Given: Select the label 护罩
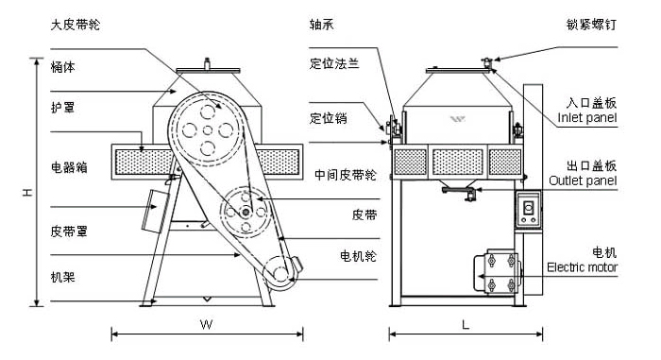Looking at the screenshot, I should (62, 108).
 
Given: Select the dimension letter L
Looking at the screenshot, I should (467, 324).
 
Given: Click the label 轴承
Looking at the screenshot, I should (321, 25).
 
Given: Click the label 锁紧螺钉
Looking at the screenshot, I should (592, 25).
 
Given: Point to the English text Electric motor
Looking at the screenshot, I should (584, 267).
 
